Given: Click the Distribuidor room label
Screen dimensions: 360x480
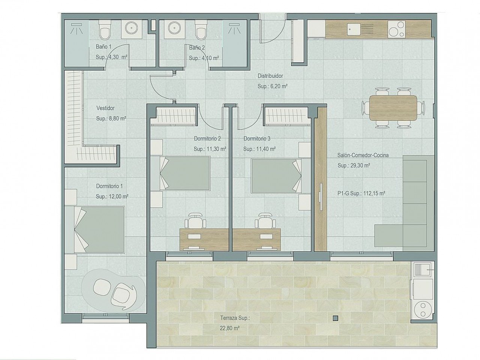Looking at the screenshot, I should (x=270, y=76).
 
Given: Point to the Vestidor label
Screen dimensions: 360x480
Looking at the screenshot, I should (x=105, y=108).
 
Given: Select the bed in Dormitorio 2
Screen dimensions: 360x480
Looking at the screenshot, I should (x=185, y=173).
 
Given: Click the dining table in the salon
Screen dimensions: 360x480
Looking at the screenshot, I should (x=393, y=108).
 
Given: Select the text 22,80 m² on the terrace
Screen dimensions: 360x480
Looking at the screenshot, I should (x=230, y=328).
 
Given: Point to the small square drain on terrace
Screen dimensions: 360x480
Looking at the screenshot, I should (x=335, y=318).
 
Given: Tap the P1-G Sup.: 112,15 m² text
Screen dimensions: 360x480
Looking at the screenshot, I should (x=361, y=194).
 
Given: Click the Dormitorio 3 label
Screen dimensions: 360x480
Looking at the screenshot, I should (x=257, y=138).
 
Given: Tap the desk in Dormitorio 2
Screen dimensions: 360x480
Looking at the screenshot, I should (x=203, y=238).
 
